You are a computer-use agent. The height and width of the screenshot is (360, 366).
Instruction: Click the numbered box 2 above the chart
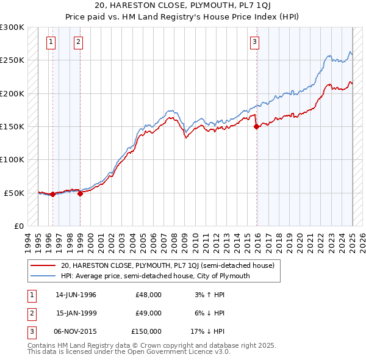point(78,42)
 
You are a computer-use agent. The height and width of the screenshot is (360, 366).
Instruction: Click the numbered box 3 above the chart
point(254,42)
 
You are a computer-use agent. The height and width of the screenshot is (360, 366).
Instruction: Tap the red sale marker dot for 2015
point(257,127)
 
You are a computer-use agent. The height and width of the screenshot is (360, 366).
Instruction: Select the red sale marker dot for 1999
point(81,193)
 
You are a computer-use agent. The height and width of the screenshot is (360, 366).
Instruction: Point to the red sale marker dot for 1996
point(52,194)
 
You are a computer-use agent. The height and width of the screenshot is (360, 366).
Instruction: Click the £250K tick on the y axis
point(12,60)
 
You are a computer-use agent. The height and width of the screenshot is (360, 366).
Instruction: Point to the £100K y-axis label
point(12,159)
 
